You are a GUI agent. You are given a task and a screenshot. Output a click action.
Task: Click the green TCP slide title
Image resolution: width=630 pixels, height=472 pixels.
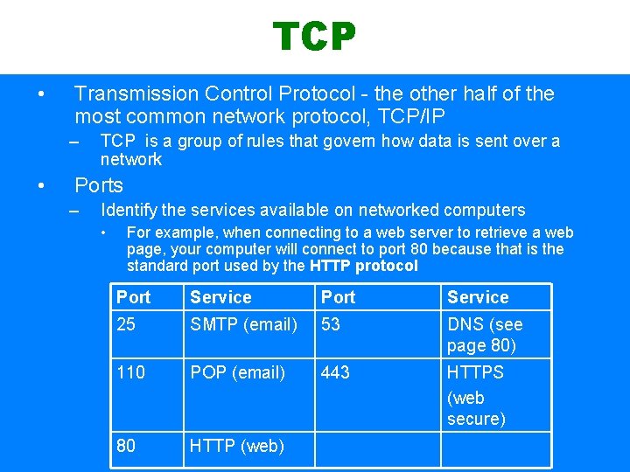point(314,37)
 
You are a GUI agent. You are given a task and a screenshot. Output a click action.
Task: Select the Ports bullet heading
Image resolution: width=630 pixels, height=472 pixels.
point(99,185)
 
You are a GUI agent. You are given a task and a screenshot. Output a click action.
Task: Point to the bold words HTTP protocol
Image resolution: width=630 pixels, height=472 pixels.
point(364,266)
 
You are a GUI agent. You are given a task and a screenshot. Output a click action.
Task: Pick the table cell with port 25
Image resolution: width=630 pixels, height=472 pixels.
point(126,324)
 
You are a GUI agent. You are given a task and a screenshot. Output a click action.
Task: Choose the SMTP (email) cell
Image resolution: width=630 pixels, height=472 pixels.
point(243,324)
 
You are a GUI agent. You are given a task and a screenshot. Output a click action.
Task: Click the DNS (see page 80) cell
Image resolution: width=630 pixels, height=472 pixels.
point(485,334)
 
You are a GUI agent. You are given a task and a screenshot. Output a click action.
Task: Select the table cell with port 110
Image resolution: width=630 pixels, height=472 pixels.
point(130,372)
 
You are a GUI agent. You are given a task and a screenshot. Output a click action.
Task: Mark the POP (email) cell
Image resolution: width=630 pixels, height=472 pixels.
point(237,372)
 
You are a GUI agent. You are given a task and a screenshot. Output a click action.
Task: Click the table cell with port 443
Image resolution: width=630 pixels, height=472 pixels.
point(335,372)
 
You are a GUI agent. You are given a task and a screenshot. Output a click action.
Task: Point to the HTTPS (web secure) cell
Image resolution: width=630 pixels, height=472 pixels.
point(476,395)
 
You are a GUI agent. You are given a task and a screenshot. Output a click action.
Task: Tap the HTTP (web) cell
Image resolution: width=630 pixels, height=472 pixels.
point(236,446)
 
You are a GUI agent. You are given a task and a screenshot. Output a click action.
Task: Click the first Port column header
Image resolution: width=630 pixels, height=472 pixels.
point(133,297)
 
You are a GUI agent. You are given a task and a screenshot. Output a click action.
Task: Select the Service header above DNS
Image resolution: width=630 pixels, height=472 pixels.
point(477,297)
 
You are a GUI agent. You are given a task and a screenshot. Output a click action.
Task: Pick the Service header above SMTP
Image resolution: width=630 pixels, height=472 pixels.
point(220,297)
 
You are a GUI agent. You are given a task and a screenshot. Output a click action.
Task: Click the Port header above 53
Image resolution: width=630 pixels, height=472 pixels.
point(338,297)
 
